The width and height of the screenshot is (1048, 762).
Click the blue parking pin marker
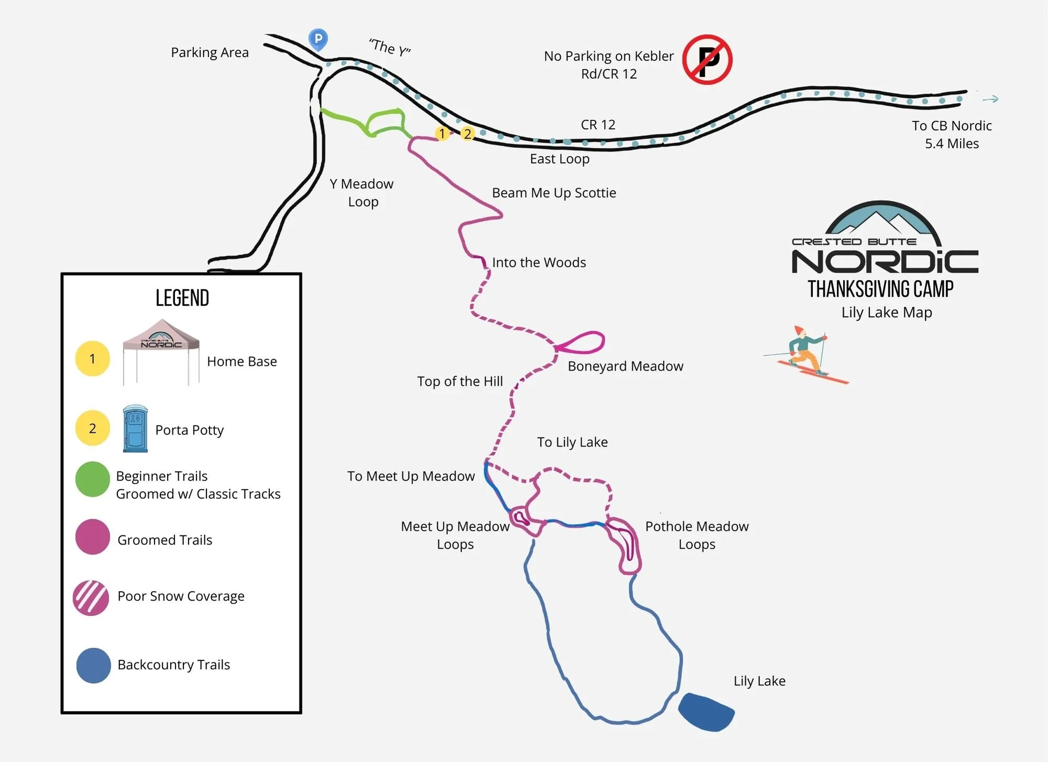(318, 39)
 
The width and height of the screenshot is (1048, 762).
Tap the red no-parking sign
(707, 60)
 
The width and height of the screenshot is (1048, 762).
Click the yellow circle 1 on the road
(442, 134)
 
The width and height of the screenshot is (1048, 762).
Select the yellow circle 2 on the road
(467, 134)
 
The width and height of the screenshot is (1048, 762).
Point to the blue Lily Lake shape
(706, 712)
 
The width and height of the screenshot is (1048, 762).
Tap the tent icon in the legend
(161, 351)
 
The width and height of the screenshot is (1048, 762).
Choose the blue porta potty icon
(135, 429)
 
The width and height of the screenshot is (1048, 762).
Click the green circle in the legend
(93, 479)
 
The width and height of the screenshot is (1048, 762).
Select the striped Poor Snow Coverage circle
(91, 597)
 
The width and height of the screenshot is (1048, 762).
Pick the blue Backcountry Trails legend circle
(93, 666)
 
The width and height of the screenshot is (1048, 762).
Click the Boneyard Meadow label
(625, 366)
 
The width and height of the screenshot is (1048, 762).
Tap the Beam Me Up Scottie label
(554, 193)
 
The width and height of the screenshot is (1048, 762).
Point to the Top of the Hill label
(460, 382)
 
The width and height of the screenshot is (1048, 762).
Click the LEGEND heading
(182, 298)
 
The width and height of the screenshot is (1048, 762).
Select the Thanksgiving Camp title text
(880, 289)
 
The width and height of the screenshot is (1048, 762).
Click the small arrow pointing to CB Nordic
(990, 99)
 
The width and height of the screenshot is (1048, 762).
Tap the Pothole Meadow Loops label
(696, 535)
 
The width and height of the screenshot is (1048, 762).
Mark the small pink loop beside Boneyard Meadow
(583, 342)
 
